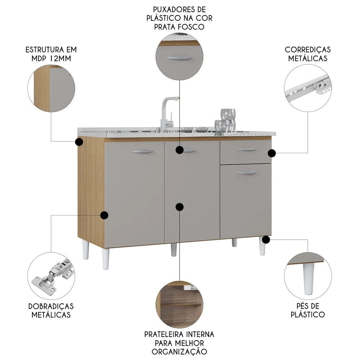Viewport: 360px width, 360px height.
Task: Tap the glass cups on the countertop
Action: pyautogui.click(x=226, y=121)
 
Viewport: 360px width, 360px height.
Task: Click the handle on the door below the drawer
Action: pyautogui.click(x=247, y=173)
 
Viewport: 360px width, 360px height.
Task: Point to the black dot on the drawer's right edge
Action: pyautogui.click(x=272, y=153)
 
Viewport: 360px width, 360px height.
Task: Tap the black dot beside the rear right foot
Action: pyautogui.click(x=266, y=239)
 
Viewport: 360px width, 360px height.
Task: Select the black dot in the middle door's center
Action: pyautogui.click(x=179, y=207)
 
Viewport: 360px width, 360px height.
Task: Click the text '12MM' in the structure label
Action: pyautogui.click(x=59, y=59)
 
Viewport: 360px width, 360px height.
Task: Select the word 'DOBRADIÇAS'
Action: pyautogui.click(x=51, y=306)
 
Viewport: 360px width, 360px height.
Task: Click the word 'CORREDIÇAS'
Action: pyautogui.click(x=307, y=50)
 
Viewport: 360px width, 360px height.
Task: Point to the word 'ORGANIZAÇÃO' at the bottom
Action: pyautogui.click(x=179, y=352)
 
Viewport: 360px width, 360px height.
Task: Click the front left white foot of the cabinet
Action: pyautogui.click(x=105, y=258)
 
